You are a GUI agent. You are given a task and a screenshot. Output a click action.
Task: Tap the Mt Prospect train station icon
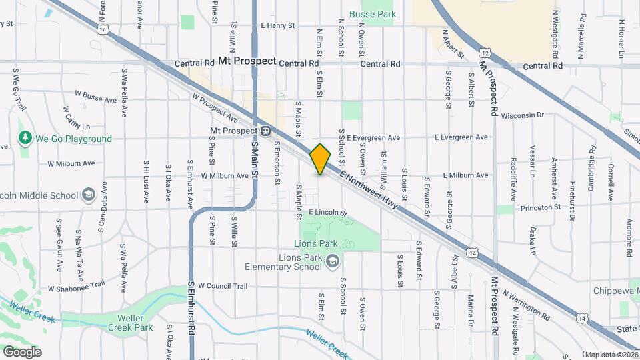[265, 131]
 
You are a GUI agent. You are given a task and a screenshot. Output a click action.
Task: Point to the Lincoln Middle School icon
[88, 195]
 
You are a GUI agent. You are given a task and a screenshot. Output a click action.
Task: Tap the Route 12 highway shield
[485, 53]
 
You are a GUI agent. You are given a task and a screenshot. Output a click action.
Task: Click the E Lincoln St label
[329, 213]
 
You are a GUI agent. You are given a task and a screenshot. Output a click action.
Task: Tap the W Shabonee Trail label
[77, 287]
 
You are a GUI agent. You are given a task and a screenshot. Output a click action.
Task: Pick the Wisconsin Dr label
[523, 115]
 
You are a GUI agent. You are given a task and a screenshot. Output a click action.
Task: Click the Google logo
[22, 351]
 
